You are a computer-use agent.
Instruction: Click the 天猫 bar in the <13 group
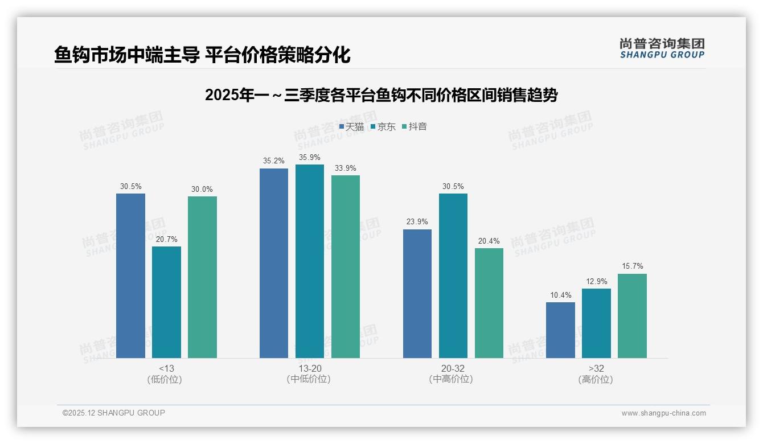point(130,276)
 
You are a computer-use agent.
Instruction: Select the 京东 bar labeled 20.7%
point(166,302)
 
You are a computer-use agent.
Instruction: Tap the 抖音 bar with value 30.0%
point(202,277)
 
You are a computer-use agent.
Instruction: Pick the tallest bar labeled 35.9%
point(310,261)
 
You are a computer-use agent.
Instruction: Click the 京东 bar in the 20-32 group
point(453,276)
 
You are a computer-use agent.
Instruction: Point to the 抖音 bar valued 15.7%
point(632,316)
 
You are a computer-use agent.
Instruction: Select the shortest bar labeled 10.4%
point(560,330)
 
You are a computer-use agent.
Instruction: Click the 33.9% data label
point(346,168)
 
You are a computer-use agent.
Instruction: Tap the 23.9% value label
point(417,222)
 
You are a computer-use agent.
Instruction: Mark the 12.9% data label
point(596,281)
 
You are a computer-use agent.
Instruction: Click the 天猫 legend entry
point(351,126)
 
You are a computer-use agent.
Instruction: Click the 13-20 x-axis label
point(309,368)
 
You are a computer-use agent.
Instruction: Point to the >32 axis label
point(596,368)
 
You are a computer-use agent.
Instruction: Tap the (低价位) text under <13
point(165,379)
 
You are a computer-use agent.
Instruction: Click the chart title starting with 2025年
point(381,95)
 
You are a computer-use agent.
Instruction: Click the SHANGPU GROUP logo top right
point(662,48)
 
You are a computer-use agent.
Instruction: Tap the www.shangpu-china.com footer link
point(663,413)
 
